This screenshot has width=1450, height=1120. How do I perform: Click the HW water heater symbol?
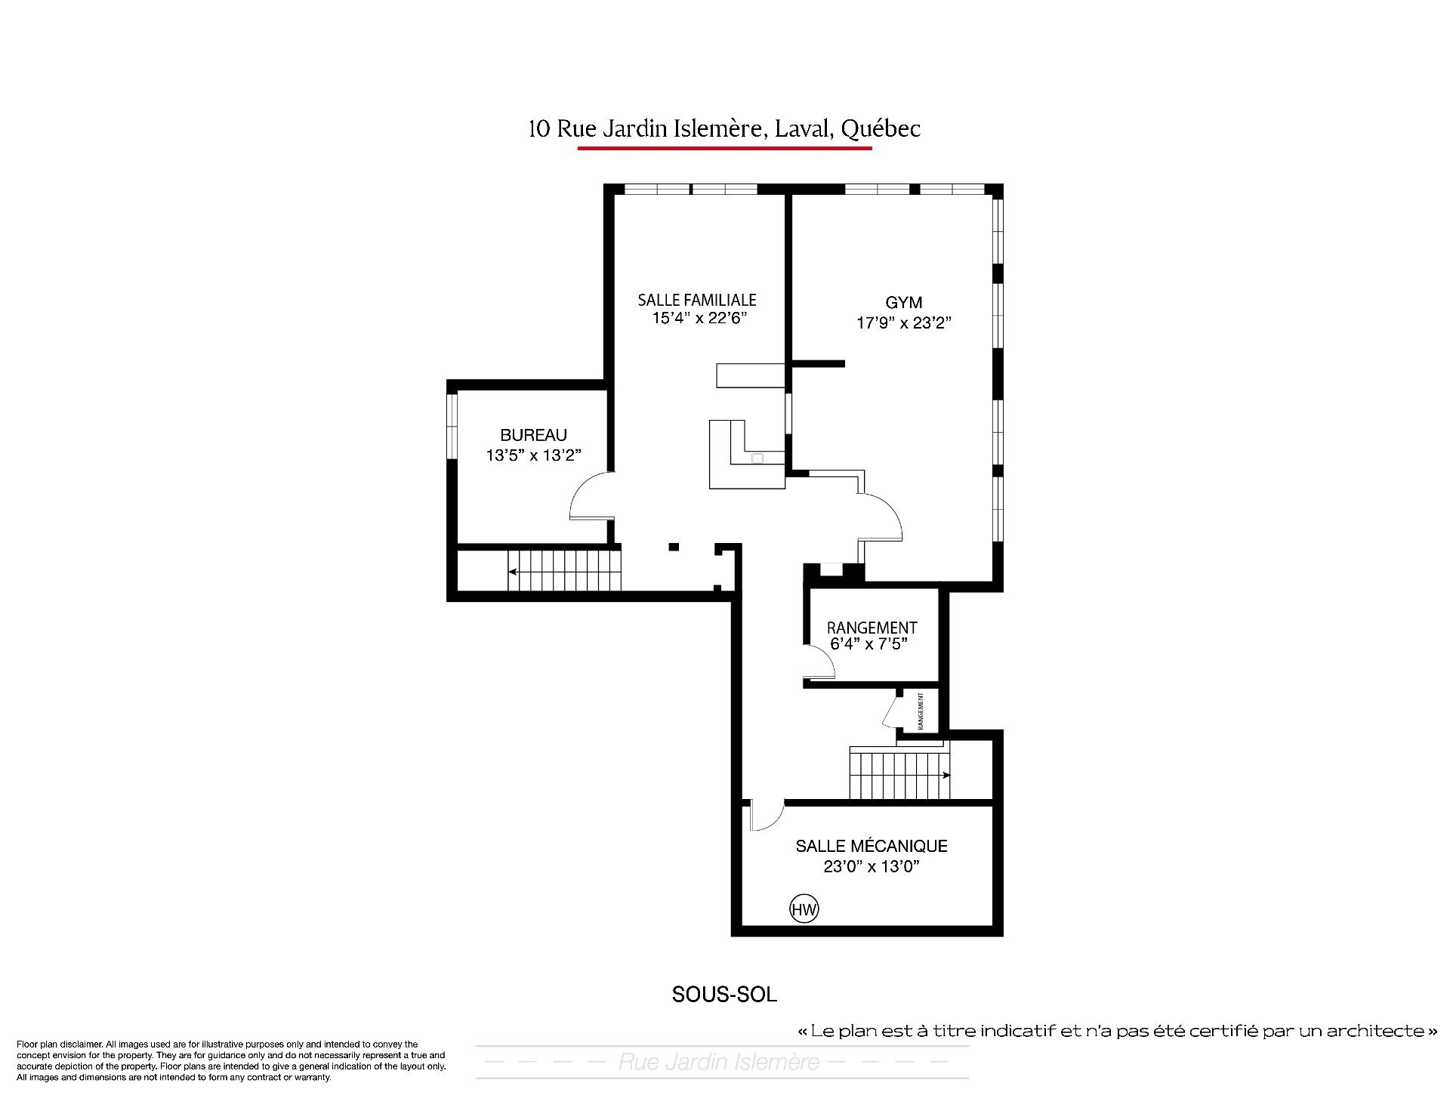pos(804,909)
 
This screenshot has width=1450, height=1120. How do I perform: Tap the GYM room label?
pos(904,303)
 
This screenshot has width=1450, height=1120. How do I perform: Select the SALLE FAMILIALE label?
pos(697,300)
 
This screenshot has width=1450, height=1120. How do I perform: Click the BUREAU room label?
pos(533,435)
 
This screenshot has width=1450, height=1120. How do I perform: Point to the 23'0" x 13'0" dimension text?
pos(872,866)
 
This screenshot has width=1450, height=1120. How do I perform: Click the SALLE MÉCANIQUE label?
pos(872,846)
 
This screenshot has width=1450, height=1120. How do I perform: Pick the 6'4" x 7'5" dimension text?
pos(868,643)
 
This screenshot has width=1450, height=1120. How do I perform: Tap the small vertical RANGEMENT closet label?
pos(921,710)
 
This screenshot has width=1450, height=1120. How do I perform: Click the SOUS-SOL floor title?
pos(724,995)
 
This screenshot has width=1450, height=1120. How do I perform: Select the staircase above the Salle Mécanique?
pos(899,774)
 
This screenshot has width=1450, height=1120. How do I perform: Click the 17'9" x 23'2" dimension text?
pos(903,323)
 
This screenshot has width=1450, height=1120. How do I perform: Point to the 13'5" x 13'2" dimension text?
pos(533,455)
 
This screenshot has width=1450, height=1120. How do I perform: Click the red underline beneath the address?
pos(725,148)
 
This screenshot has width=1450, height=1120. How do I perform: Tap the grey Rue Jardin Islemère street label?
pos(719,1063)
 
